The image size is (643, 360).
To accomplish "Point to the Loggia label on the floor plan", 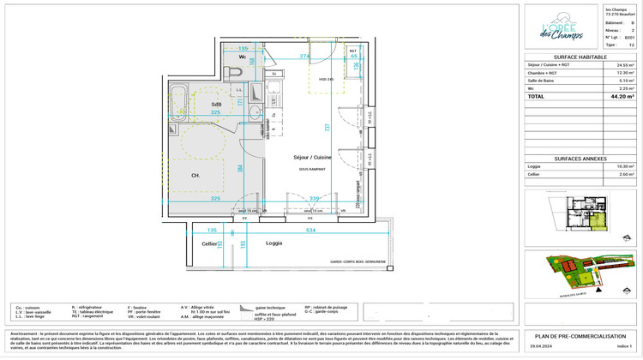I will coord(274,243).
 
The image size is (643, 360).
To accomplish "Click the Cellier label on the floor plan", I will coord(209,244).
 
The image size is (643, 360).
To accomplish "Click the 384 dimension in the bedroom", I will coord(241,167).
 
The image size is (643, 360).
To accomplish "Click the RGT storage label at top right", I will coord(352,51).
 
